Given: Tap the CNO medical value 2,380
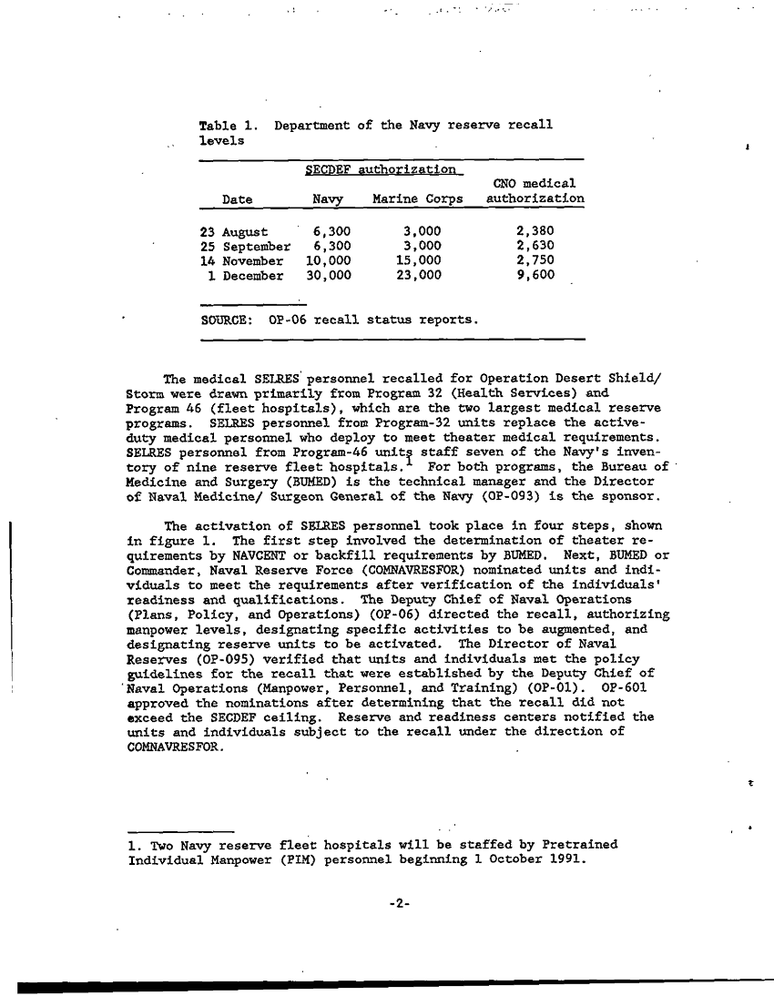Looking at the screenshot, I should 535,231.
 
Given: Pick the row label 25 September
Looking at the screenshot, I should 244,246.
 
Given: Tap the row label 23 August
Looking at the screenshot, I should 234,231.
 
